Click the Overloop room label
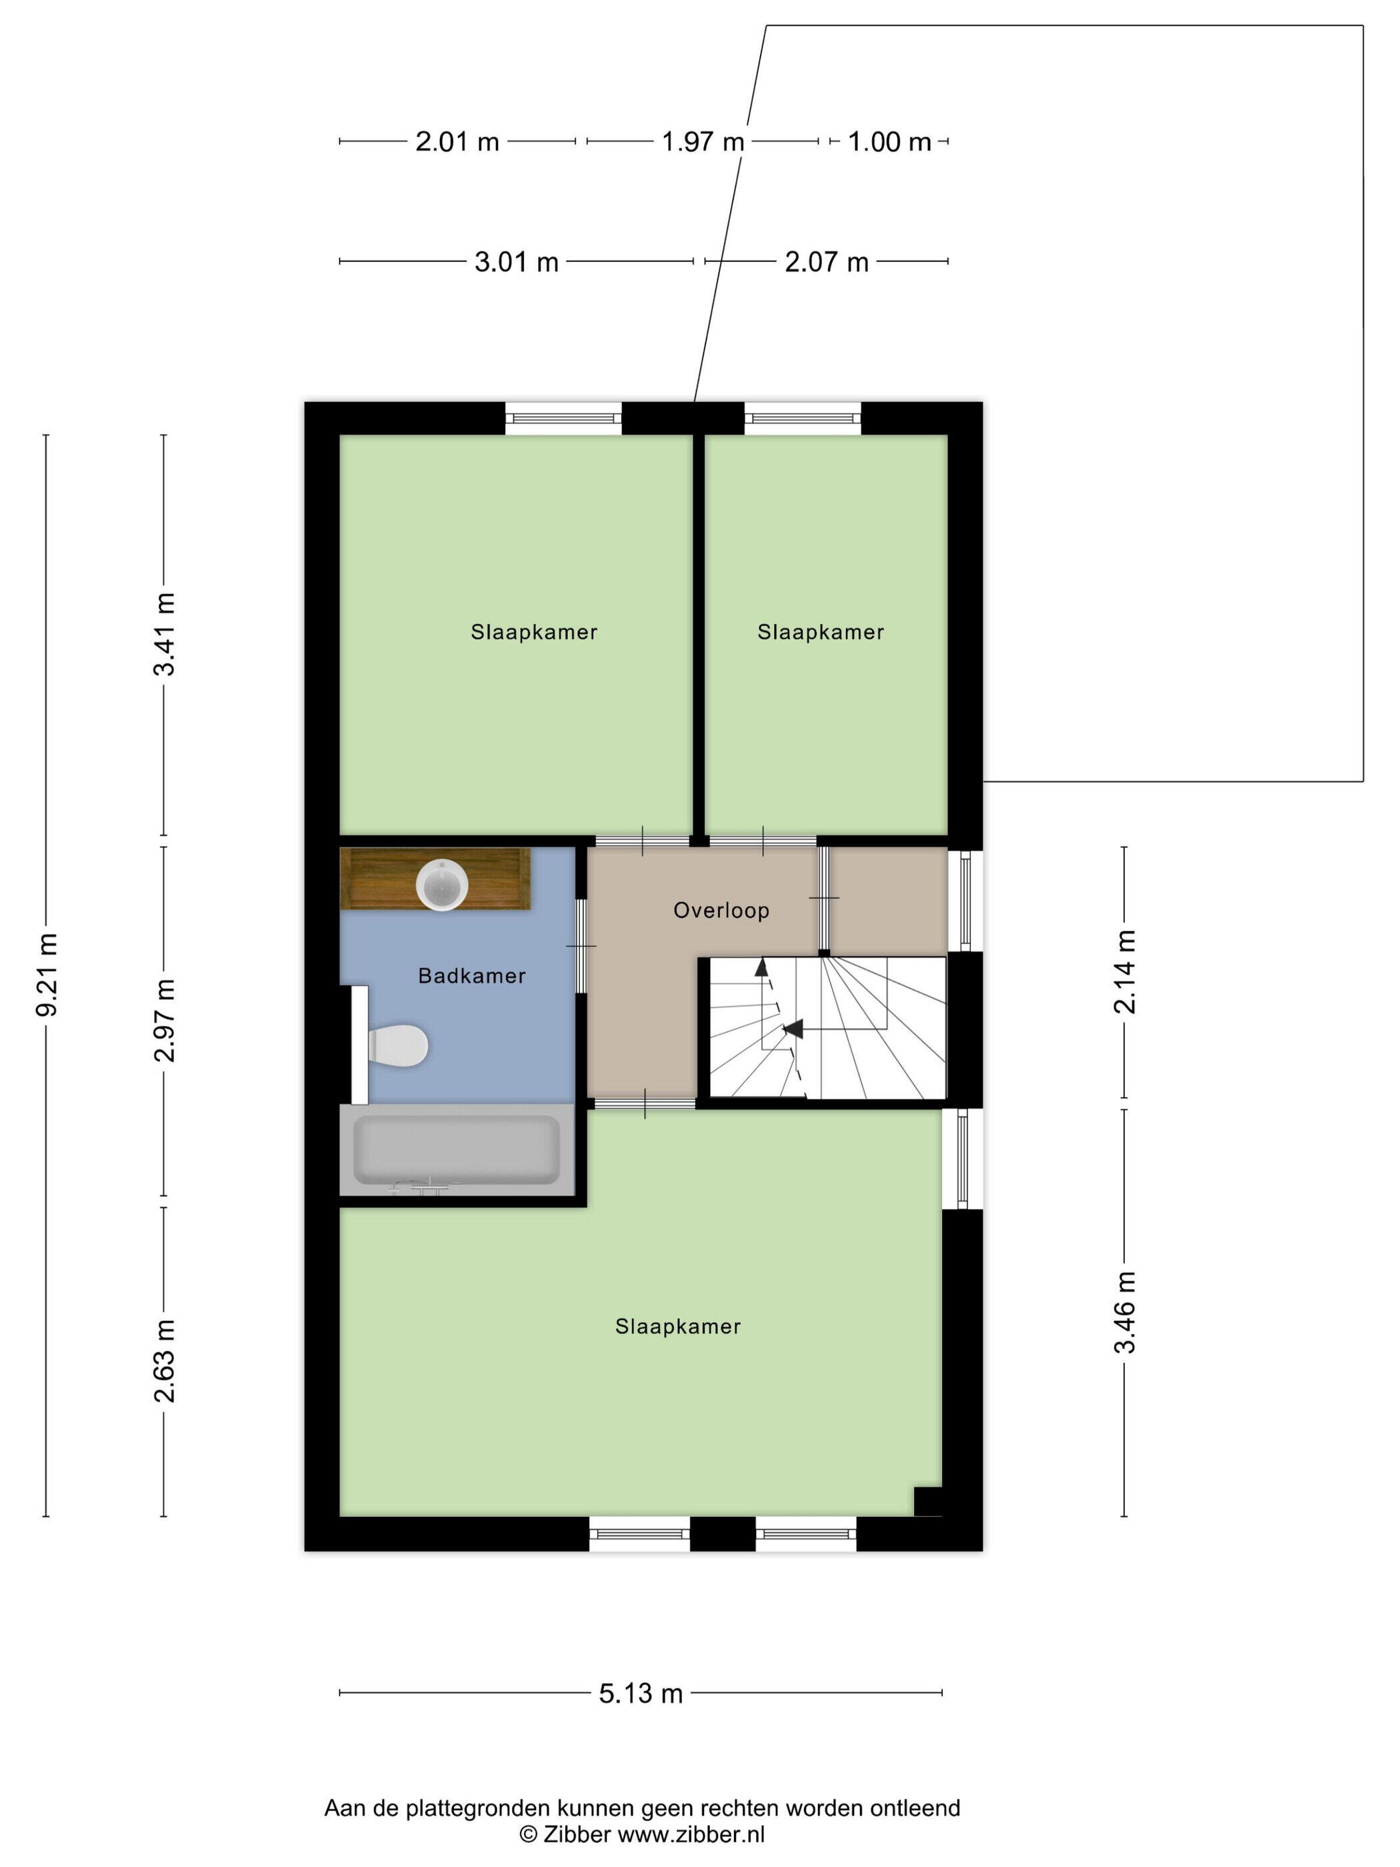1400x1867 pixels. pos(721,911)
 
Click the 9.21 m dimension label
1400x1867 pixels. pos(47,975)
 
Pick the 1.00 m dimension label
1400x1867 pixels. pos(889,142)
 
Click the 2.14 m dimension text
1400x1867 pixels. pos(1126,972)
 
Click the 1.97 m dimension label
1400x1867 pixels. pos(703,142)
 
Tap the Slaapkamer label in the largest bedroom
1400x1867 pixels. pos(677,1326)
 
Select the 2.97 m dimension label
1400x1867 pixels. pos(165,1020)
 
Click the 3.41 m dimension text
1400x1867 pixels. pos(165,634)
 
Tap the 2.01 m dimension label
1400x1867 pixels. pos(457,142)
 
